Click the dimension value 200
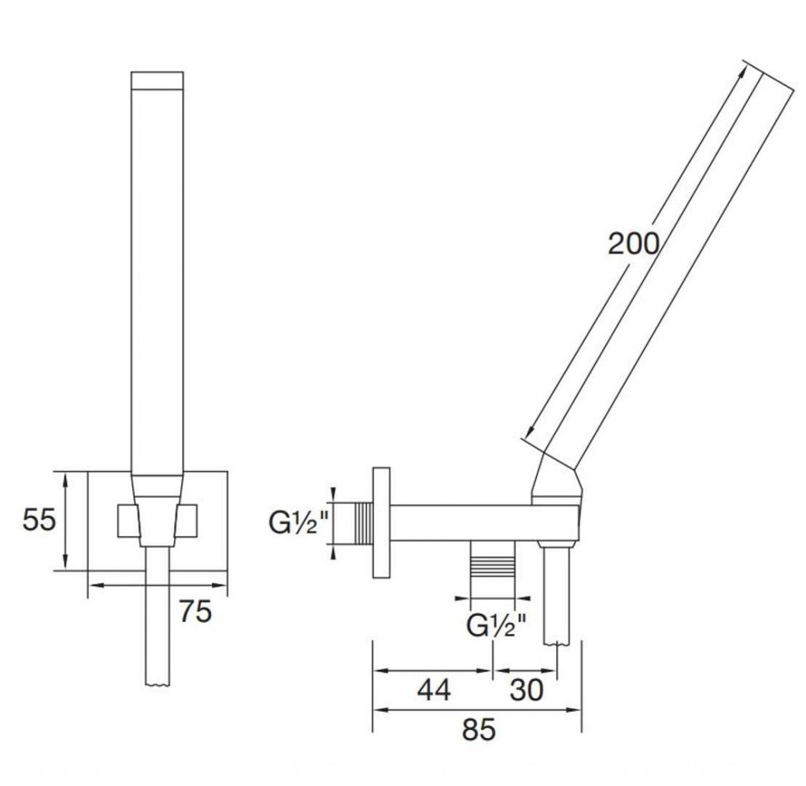click(x=634, y=244)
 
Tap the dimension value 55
click(x=39, y=520)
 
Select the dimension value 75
click(x=195, y=612)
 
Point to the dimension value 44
click(x=434, y=690)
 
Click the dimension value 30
click(x=527, y=690)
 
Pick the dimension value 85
click(x=479, y=729)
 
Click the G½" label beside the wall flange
click(x=299, y=523)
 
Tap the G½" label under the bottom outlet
click(x=497, y=625)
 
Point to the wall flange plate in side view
click(x=382, y=523)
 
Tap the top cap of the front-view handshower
click(x=157, y=80)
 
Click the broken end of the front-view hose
click(x=157, y=684)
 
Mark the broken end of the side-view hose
click(x=556, y=643)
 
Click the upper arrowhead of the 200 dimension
click(x=741, y=73)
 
